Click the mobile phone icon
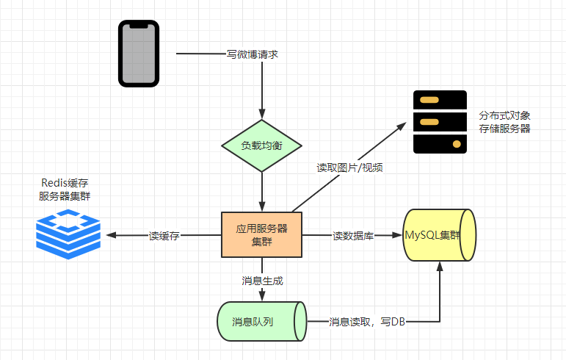click(x=139, y=54)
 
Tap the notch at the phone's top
click(x=139, y=26)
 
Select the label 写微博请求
click(x=253, y=54)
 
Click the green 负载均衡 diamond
click(x=261, y=145)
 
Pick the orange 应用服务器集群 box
click(x=261, y=234)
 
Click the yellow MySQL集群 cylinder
click(x=439, y=235)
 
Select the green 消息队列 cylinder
click(x=261, y=321)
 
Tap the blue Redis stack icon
click(x=68, y=234)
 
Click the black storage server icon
click(x=440, y=122)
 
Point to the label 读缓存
click(x=164, y=236)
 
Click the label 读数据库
click(x=353, y=236)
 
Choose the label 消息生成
click(x=262, y=281)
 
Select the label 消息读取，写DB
click(x=367, y=322)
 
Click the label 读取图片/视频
click(x=349, y=168)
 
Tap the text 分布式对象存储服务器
click(x=504, y=122)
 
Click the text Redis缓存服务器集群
click(x=65, y=190)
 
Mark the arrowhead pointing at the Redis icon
click(x=111, y=235)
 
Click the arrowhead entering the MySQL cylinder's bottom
click(x=440, y=267)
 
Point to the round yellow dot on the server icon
click(x=457, y=144)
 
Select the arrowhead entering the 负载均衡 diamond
click(x=262, y=114)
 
